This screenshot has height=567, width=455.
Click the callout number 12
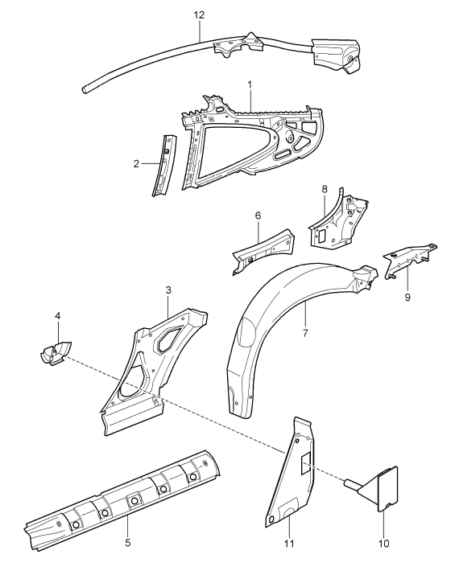199,14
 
